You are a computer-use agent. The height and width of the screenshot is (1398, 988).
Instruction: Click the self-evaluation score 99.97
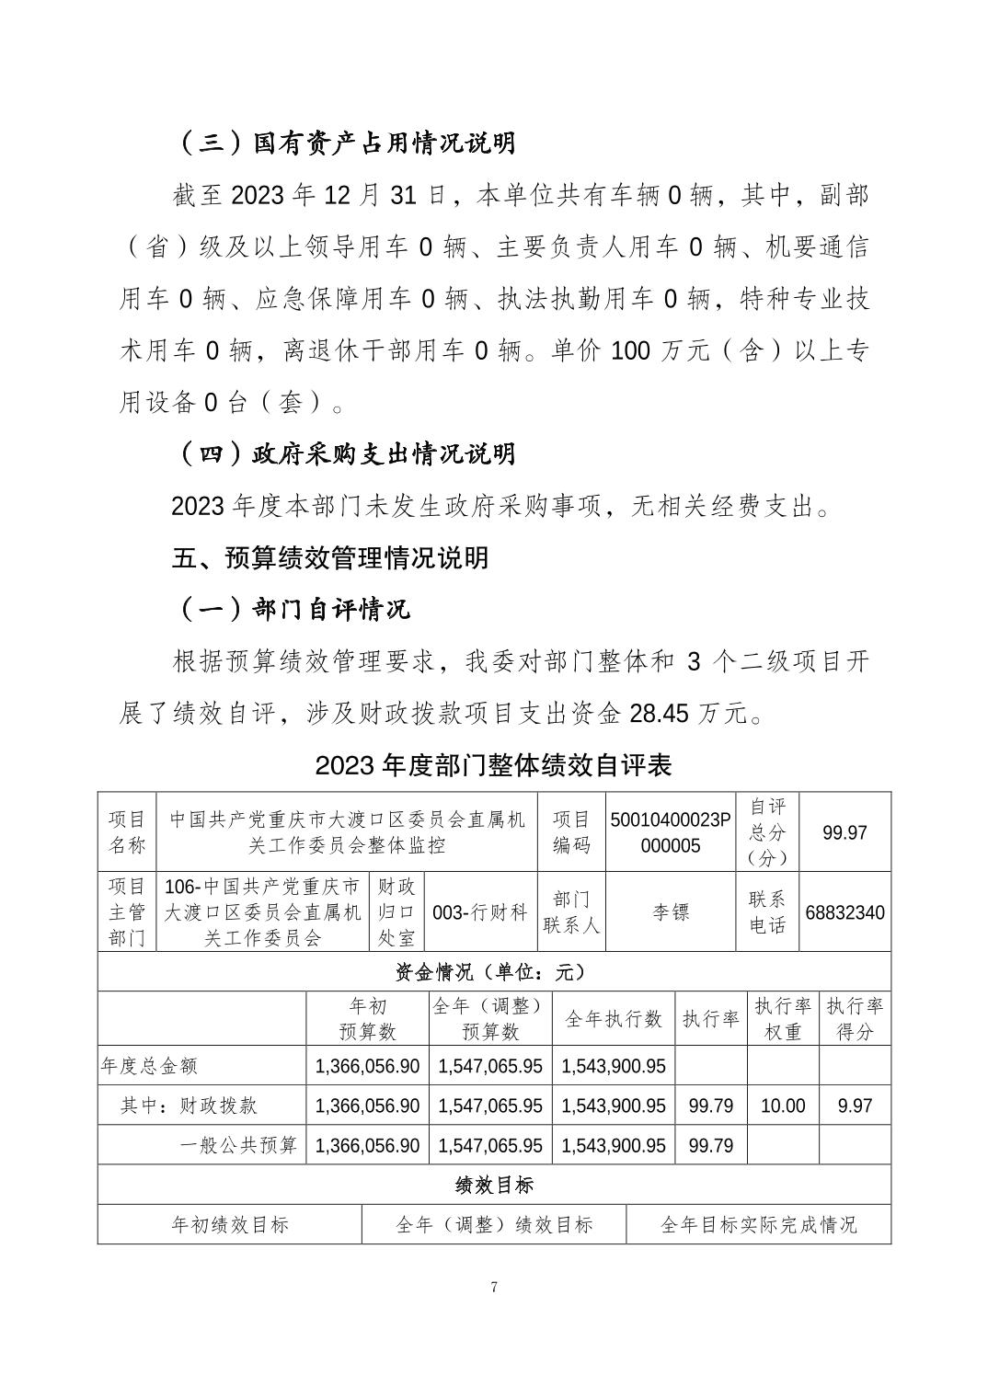click(844, 832)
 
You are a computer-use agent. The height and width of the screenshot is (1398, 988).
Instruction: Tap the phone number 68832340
click(844, 912)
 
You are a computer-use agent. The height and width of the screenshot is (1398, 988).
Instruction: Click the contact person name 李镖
click(671, 912)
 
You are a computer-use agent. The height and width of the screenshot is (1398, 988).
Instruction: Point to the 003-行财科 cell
click(479, 912)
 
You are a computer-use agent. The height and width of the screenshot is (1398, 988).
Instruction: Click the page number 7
click(494, 1287)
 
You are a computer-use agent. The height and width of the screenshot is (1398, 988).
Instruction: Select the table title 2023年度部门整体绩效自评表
click(494, 765)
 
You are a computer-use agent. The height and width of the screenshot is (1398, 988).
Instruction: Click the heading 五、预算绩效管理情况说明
click(330, 558)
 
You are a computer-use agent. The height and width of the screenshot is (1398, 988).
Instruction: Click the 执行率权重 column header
click(783, 1018)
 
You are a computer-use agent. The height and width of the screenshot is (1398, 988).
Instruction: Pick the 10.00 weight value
click(783, 1106)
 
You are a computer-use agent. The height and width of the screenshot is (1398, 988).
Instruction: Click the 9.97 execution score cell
click(855, 1106)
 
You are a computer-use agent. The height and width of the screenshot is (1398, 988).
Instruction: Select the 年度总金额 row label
click(149, 1066)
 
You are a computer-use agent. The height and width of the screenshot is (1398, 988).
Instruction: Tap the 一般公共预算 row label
click(238, 1145)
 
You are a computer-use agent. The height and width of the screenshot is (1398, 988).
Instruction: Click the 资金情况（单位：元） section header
click(494, 971)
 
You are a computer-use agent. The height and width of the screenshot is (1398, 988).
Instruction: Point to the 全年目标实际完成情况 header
click(758, 1224)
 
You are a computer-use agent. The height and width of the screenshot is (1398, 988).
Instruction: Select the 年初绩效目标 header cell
click(230, 1224)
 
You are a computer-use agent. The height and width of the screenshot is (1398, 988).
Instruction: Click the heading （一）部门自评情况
click(291, 609)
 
